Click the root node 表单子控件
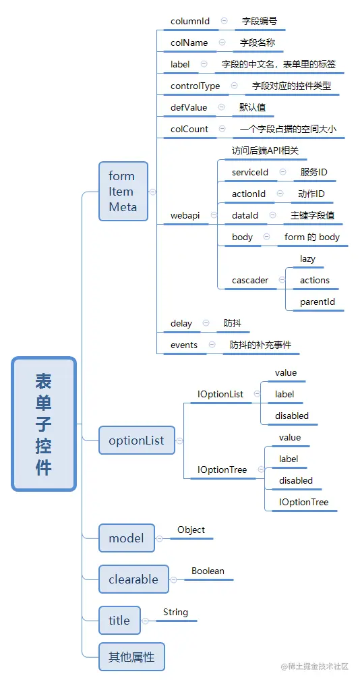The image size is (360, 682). [x=44, y=424]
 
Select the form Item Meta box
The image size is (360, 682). [x=123, y=192]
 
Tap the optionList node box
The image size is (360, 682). [x=136, y=441]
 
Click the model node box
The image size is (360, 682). [x=126, y=538]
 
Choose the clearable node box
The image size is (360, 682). [x=133, y=579]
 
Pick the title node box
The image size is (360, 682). [x=119, y=621]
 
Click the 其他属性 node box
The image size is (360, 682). [x=131, y=656]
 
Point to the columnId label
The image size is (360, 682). [x=190, y=21]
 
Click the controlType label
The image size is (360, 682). [x=195, y=86]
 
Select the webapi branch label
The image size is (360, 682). [x=185, y=215]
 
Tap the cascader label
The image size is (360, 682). [x=250, y=280]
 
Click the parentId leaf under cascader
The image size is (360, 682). [x=318, y=302]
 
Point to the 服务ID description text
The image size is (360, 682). [x=314, y=172]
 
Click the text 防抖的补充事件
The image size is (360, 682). [x=260, y=345]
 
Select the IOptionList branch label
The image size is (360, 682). [x=220, y=394]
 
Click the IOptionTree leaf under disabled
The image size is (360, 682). [x=304, y=502]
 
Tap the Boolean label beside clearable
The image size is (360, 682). [x=208, y=571]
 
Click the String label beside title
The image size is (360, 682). [x=175, y=612]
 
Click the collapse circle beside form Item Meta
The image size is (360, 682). [x=152, y=192]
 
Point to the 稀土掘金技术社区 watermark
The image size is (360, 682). [x=314, y=666]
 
